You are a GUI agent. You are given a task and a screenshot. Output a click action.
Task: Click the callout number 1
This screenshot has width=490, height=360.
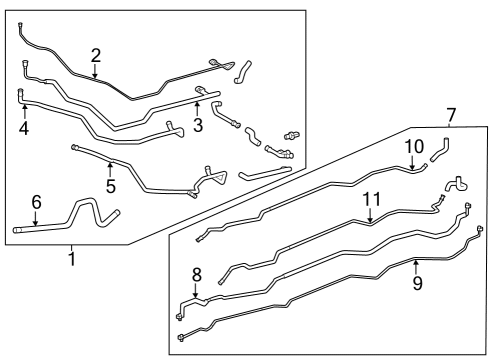(x=71, y=260)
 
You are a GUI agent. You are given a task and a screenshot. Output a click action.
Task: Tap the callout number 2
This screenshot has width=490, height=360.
(x=96, y=55)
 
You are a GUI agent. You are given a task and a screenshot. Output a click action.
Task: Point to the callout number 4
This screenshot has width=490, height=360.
(x=24, y=128)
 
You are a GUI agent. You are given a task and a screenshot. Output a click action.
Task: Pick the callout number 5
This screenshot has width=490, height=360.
(x=111, y=184)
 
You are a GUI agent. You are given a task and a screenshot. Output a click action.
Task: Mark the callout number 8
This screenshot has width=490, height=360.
(x=195, y=273)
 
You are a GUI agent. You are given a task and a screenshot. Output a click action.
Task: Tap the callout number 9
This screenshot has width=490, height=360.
(x=417, y=283)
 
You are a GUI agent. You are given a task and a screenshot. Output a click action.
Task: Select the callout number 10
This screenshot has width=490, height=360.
(x=414, y=148)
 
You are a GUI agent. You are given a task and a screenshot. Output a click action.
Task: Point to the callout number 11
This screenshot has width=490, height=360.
(x=371, y=200)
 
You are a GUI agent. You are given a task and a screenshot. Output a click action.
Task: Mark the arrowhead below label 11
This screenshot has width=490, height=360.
(x=371, y=221)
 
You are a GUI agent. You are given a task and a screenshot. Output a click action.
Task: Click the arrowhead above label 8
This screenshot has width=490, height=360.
(x=195, y=295)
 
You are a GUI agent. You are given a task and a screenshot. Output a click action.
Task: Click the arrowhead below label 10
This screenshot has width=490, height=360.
(x=414, y=168)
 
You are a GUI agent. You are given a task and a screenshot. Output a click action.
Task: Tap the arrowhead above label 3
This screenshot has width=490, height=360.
(x=198, y=102)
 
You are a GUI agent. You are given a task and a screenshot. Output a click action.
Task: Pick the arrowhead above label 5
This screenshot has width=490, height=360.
(x=111, y=164)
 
